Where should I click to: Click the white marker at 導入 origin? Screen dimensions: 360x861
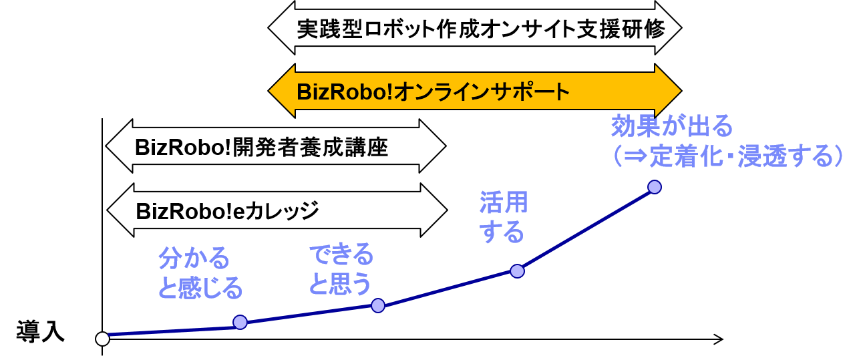pos(102,339)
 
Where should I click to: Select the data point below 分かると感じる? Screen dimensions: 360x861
pos(240,322)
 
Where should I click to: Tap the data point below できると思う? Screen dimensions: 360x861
pos(378,305)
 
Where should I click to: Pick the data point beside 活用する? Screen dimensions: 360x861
pos(516,271)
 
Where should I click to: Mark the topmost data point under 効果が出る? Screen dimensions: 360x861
pos(655,186)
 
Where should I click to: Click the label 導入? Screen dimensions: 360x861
pos(41,331)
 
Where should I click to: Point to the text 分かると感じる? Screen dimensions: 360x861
pos(200,273)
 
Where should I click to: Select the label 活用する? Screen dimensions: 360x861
pos(503,217)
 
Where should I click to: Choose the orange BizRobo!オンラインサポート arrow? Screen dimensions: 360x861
pos(474,90)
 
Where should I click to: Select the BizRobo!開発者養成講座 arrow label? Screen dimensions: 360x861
pos(262,147)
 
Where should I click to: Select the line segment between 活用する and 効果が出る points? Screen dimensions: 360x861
pos(585,228)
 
